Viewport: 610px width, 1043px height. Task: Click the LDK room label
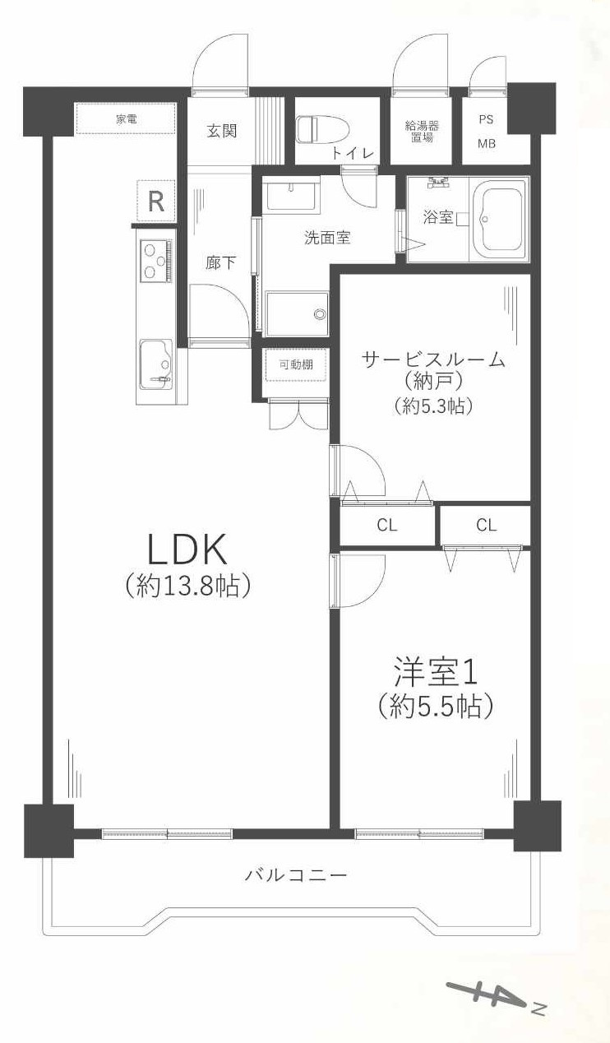click(187, 546)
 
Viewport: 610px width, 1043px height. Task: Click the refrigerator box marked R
click(155, 202)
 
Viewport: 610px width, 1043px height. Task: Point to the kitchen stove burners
click(155, 261)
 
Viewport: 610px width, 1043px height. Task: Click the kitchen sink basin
click(155, 362)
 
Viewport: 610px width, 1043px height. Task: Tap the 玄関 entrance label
click(221, 131)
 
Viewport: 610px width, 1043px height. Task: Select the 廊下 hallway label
click(220, 263)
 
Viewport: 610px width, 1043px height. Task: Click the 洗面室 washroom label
click(327, 239)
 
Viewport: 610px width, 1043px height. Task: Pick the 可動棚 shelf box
click(296, 365)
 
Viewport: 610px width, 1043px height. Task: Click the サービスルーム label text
click(434, 359)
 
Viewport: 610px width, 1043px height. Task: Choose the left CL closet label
click(387, 525)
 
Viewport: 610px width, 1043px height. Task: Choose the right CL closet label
click(486, 525)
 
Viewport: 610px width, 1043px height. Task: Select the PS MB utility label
click(488, 131)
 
